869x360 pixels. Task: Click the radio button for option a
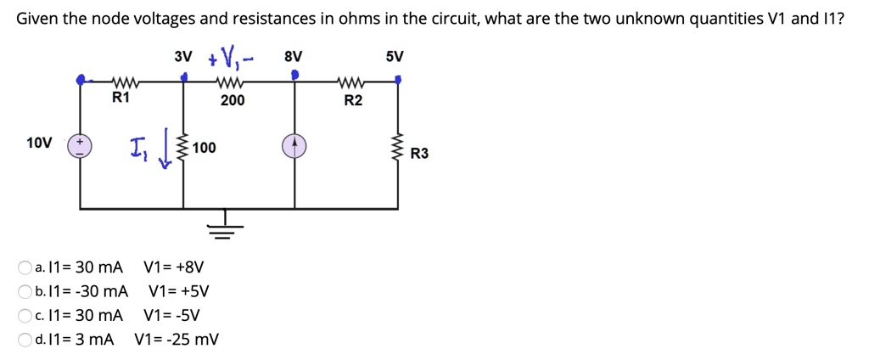point(25,268)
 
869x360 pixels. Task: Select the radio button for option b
point(25,292)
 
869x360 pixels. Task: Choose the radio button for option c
point(25,316)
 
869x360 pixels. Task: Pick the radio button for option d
point(25,340)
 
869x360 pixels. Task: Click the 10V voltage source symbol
point(81,146)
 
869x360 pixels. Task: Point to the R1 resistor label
point(121,98)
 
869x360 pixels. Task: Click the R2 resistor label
point(353,101)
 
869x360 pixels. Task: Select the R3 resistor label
point(419,154)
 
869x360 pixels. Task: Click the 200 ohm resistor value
point(232,100)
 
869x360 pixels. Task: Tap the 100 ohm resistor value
point(204,149)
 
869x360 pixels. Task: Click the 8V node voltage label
point(293,58)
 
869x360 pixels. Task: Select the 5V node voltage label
point(395,58)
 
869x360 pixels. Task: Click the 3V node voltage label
point(183,58)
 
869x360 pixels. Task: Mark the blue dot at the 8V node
point(294,76)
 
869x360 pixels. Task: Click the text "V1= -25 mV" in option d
point(177,340)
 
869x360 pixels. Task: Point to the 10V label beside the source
point(39,143)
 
